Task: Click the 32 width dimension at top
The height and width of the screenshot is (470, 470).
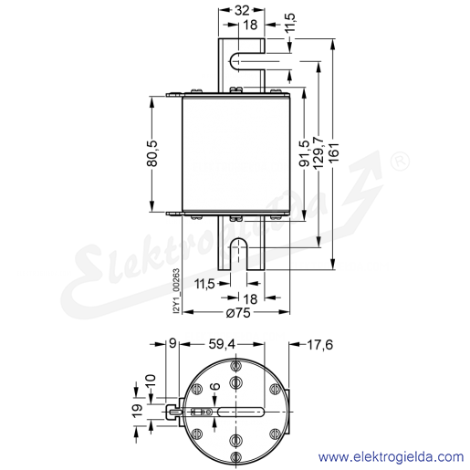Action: [x=242, y=10]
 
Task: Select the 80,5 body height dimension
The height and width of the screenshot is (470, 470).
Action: [x=152, y=153]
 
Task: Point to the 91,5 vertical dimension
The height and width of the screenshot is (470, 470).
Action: [x=304, y=153]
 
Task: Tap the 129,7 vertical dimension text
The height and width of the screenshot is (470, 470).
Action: [x=319, y=152]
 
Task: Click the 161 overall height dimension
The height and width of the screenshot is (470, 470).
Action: [x=334, y=152]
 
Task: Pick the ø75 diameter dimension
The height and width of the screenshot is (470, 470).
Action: [x=238, y=312]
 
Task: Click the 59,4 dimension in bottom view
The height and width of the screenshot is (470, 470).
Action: [x=222, y=344]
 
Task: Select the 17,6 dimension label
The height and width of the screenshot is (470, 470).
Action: [x=320, y=345]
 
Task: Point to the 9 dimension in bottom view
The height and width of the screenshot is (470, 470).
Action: [x=172, y=344]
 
